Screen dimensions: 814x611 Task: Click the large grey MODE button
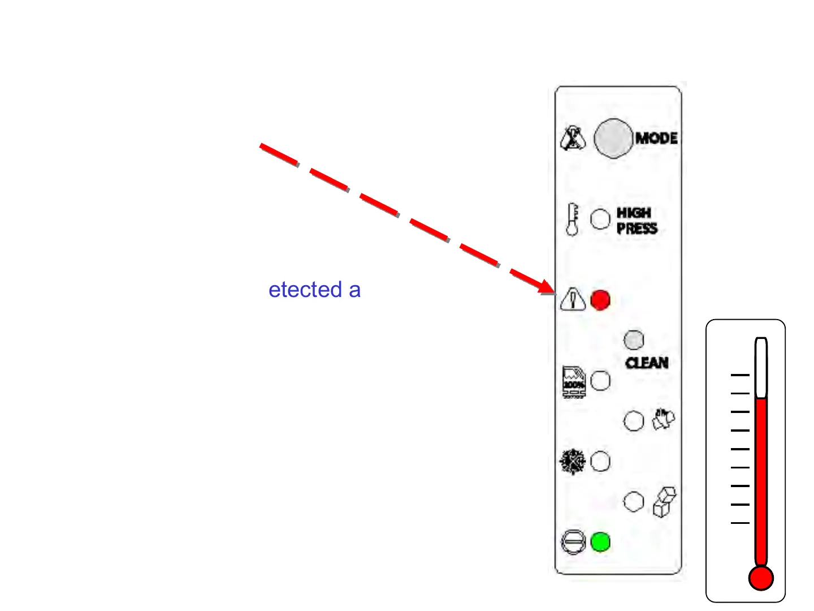[613, 138]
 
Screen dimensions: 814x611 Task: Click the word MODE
[656, 138]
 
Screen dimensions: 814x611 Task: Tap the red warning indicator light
[600, 300]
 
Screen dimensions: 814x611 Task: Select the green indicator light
[600, 542]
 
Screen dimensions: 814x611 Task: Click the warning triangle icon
[573, 299]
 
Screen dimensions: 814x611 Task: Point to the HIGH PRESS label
[637, 221]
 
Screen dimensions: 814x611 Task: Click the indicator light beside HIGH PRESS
[600, 219]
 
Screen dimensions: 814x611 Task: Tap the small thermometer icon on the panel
[572, 220]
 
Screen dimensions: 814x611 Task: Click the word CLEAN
[647, 363]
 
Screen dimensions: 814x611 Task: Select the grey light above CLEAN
[634, 340]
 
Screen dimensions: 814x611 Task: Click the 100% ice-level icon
[574, 382]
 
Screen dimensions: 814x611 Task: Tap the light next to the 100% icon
[600, 381]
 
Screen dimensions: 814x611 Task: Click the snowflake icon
[573, 462]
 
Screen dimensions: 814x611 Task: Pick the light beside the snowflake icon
[600, 462]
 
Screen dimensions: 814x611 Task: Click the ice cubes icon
[664, 501]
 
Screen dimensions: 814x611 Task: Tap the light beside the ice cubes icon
[634, 501]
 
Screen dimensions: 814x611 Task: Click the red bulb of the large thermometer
[761, 578]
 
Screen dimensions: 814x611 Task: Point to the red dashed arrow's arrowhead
[547, 287]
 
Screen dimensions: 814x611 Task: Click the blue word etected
[305, 290]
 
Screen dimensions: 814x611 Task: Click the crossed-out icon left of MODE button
[573, 138]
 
